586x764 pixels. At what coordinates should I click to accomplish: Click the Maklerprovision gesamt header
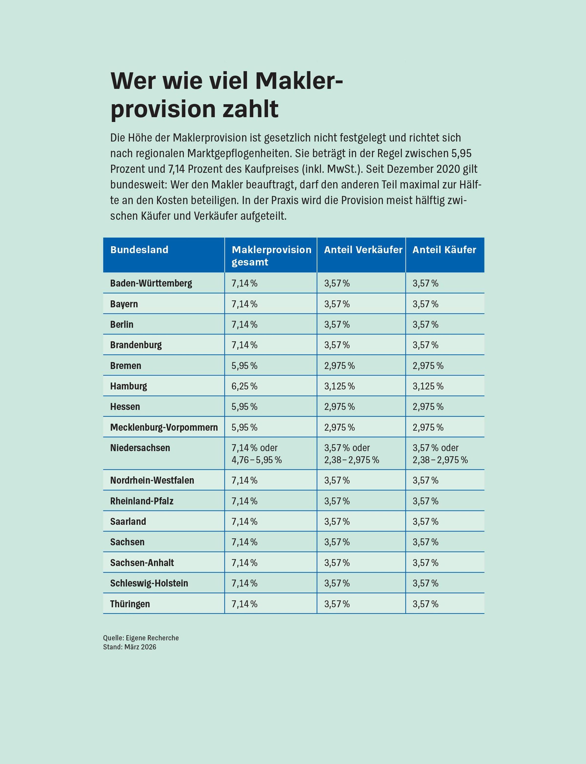(x=271, y=256)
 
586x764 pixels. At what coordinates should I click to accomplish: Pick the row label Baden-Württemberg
(x=151, y=283)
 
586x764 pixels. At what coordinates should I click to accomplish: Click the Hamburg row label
(x=128, y=386)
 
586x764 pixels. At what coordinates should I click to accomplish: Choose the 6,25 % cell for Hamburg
(x=244, y=386)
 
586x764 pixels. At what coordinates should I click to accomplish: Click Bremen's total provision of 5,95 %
(x=244, y=366)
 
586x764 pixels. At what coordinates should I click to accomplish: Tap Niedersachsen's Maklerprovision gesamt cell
(x=256, y=454)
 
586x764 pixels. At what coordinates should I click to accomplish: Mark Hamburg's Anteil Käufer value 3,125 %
(x=428, y=386)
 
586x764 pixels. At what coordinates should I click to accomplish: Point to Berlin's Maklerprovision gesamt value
(x=244, y=325)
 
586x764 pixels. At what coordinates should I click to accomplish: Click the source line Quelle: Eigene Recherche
(x=141, y=638)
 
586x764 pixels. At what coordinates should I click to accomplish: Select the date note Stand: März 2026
(x=130, y=647)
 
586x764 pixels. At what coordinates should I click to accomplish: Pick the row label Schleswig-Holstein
(x=149, y=583)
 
